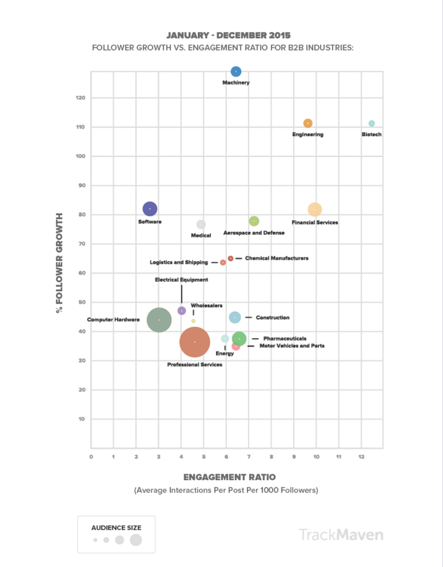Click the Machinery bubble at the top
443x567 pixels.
click(x=236, y=72)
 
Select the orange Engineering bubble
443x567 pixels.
click(x=308, y=124)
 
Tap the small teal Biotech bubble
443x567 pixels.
click(x=372, y=124)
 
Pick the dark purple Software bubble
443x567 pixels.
click(x=150, y=209)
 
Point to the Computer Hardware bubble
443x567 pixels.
click(x=159, y=320)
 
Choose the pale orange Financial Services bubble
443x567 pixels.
click(x=315, y=209)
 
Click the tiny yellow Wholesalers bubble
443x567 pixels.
click(x=194, y=321)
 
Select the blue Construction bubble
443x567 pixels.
click(x=235, y=317)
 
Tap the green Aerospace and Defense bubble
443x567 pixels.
click(x=254, y=221)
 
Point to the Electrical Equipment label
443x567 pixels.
click(x=182, y=279)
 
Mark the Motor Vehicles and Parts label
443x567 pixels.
click(x=292, y=345)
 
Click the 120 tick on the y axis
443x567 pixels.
click(x=81, y=97)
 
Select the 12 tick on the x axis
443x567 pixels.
click(x=361, y=457)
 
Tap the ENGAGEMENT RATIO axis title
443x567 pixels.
click(x=229, y=477)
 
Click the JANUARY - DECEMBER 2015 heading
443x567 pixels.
click(x=229, y=36)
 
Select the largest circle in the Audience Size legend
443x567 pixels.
click(x=136, y=540)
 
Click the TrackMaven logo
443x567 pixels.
click(x=341, y=535)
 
